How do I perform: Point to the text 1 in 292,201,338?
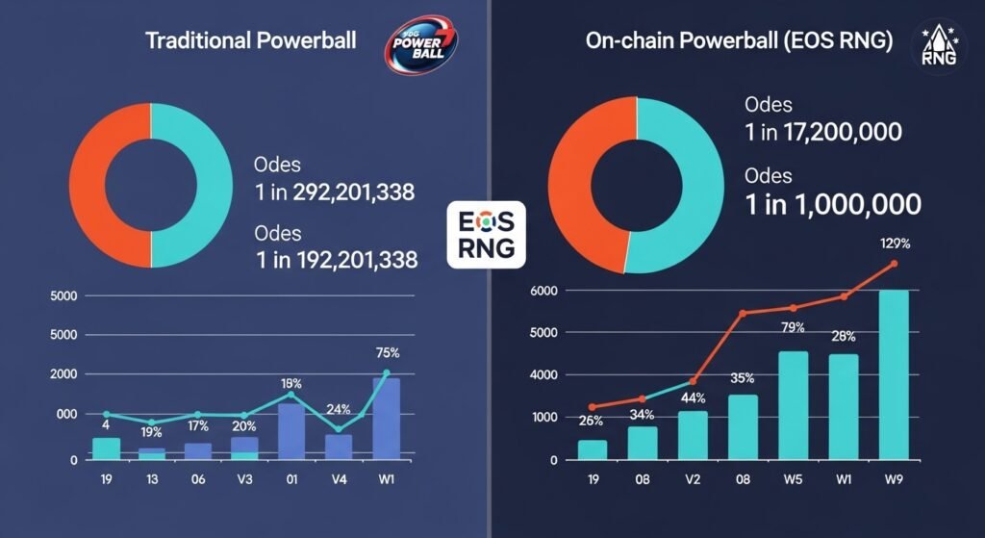click(334, 192)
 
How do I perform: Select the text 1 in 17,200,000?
click(823, 132)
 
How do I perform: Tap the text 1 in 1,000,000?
click(833, 204)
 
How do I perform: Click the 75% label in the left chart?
click(387, 351)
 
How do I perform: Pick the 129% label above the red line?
click(896, 243)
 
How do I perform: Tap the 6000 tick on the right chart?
click(545, 291)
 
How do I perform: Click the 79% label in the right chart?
click(792, 328)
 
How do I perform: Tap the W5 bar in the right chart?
click(793, 405)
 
